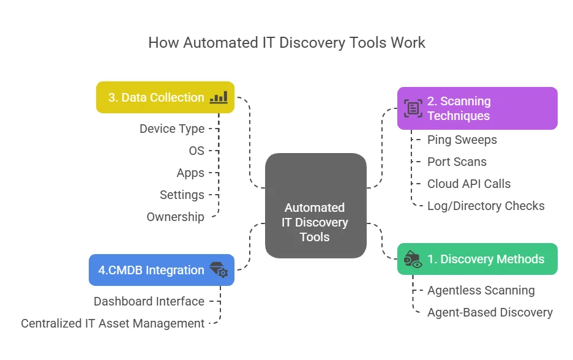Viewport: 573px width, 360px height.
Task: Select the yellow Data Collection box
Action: tap(165, 97)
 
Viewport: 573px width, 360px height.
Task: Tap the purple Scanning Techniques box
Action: tap(477, 108)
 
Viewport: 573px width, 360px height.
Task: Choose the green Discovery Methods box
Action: tap(477, 259)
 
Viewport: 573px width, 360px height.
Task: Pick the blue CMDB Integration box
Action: tap(162, 270)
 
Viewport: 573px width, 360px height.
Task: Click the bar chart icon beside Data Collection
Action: tap(219, 97)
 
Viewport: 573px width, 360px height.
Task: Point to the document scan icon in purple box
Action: tap(413, 108)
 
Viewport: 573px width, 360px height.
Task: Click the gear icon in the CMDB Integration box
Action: tap(222, 273)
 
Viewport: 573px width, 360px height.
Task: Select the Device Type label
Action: tap(172, 129)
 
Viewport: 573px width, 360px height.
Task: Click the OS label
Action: tap(197, 151)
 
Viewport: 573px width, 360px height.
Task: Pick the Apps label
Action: tap(190, 173)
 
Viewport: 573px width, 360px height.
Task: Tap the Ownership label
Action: tap(175, 217)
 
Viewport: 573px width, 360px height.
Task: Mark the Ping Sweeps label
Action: tap(462, 140)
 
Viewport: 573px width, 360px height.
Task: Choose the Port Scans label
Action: tap(457, 162)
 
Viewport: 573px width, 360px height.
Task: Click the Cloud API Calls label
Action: tap(469, 184)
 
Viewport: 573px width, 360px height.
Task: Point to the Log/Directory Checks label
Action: tap(486, 206)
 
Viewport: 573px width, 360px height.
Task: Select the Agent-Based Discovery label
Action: tap(490, 312)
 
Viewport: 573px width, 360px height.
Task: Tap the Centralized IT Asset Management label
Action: tap(113, 323)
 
